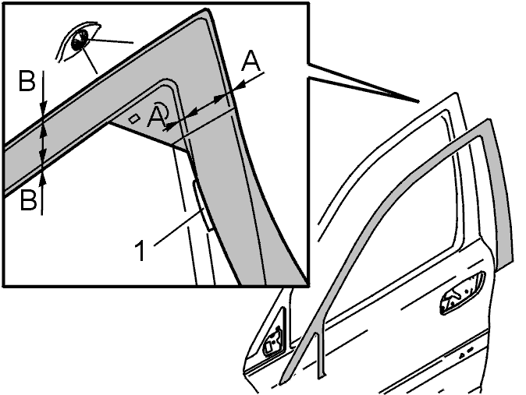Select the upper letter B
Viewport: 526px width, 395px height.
pos(27,81)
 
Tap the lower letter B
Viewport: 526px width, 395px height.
pos(28,199)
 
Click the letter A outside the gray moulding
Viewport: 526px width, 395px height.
pos(251,62)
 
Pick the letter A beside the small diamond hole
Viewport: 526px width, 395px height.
pos(155,118)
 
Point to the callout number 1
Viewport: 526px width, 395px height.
pos(141,251)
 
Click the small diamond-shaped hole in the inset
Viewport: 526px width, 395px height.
pos(135,118)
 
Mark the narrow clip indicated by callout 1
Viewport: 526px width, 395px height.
pos(202,206)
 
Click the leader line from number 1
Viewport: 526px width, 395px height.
pos(178,227)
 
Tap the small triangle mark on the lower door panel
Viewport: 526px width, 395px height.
pos(461,354)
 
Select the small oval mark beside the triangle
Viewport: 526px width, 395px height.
pos(470,350)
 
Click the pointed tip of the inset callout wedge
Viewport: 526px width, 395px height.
pos(418,101)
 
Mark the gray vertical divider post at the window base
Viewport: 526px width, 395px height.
pos(320,355)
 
